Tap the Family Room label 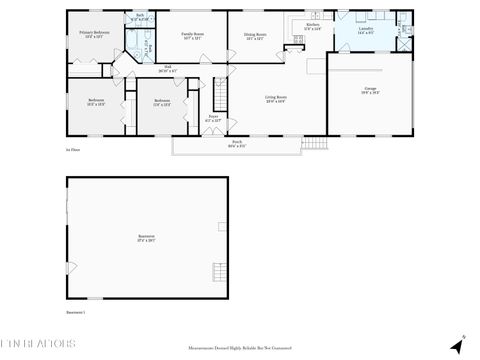tap(192, 35)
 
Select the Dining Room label tap(255, 35)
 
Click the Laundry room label tap(366, 30)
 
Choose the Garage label tap(370, 90)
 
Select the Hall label tap(167, 70)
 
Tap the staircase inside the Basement tap(70, 264)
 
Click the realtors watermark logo tap(40, 346)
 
